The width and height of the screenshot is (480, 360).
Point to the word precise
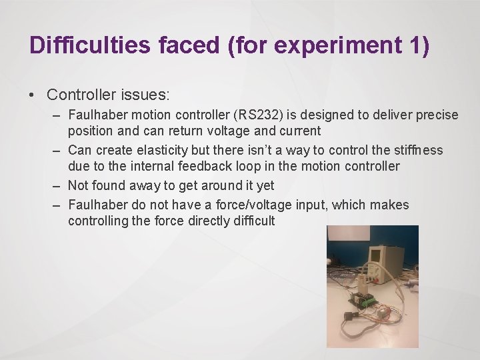coord(437,115)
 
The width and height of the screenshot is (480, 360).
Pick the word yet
coord(265,185)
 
